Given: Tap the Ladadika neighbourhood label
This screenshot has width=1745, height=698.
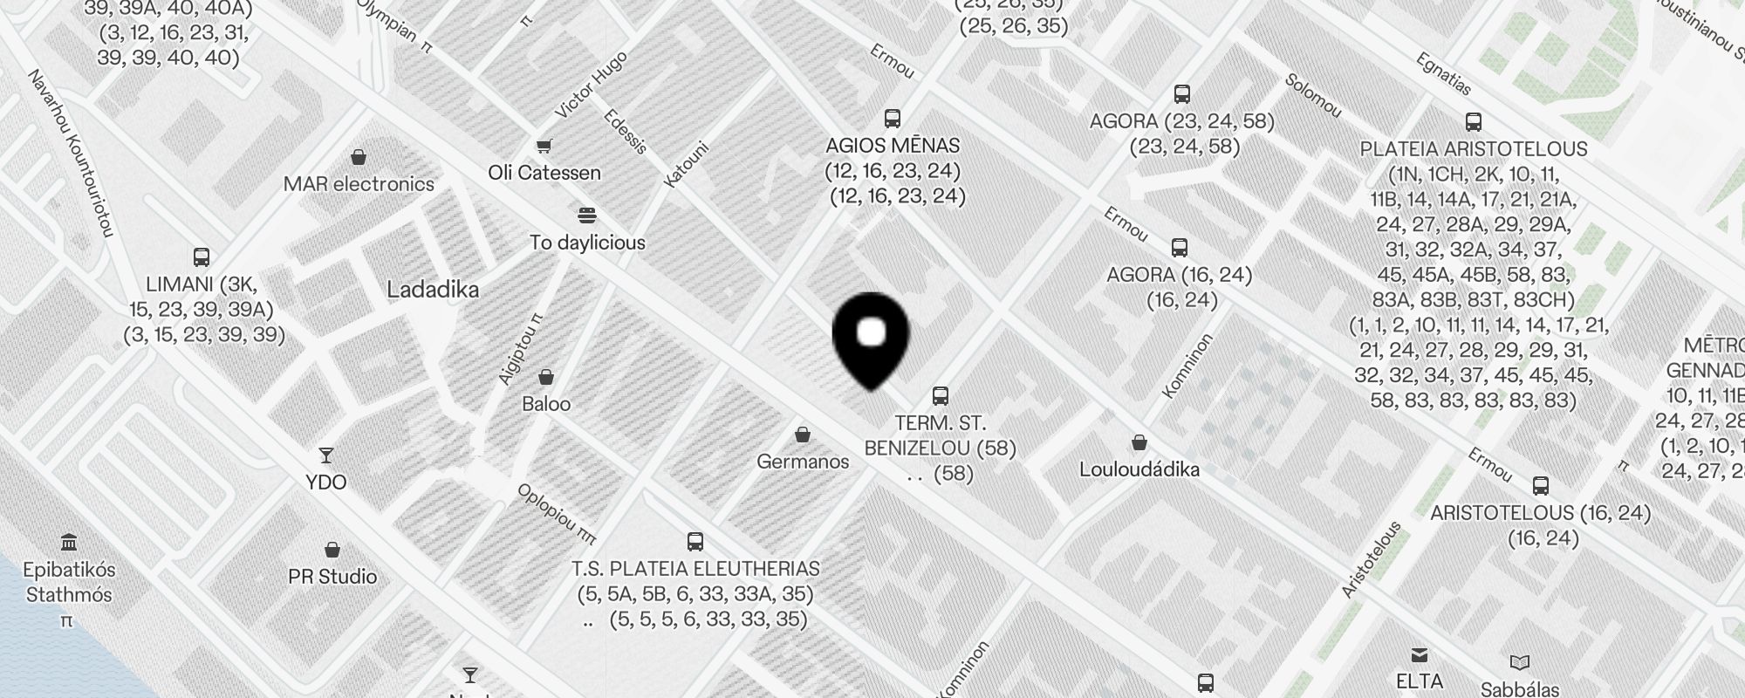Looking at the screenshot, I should tap(433, 290).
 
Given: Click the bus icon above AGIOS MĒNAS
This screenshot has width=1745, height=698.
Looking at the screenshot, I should tap(892, 119).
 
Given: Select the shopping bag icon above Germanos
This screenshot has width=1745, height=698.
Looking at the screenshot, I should tap(803, 435).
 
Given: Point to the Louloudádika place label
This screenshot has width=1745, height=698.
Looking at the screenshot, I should tap(1139, 469).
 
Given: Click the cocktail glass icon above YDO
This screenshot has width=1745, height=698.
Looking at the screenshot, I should tap(326, 455).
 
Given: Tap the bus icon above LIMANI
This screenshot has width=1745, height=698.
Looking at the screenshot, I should tap(202, 257).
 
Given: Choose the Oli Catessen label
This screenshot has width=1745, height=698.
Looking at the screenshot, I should tap(544, 173).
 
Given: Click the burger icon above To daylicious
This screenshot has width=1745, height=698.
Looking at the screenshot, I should tap(586, 216).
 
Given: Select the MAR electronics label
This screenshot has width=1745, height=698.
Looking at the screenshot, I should tap(359, 184).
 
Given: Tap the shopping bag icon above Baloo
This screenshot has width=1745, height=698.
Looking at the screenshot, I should tap(546, 377).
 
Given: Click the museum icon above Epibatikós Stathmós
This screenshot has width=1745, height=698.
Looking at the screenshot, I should tap(69, 542).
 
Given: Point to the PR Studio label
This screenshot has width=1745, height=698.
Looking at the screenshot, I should tap(332, 577).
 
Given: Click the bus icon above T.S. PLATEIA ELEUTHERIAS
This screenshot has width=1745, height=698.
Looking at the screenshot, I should tap(695, 542).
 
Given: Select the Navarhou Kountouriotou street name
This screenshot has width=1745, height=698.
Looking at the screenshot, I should tap(72, 153).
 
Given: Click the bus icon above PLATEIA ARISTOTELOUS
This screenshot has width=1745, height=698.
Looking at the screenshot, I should tap(1474, 122).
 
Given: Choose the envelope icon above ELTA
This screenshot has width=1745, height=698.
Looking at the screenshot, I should tap(1420, 655).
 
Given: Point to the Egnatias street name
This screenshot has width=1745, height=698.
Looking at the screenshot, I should tap(1443, 75).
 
